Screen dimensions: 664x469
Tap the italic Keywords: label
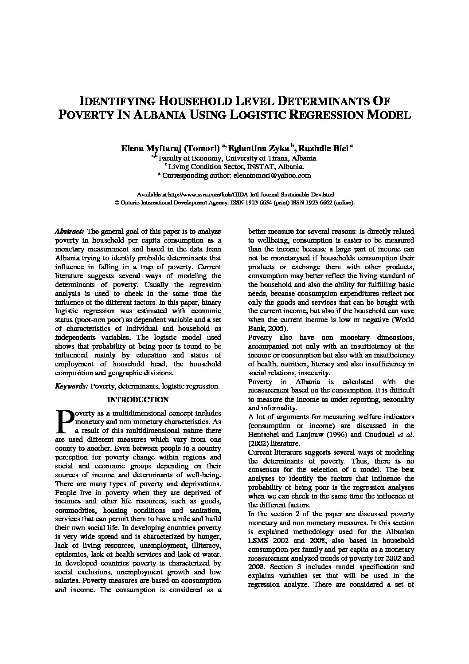point(71,386)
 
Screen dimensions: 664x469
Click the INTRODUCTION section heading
point(138,400)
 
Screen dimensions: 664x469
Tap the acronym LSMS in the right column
point(258,541)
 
